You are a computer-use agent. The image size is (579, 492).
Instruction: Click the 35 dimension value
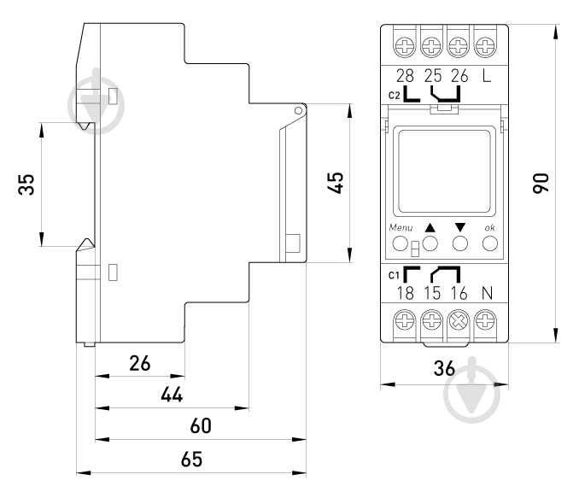click(27, 184)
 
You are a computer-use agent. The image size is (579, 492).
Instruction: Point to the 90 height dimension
click(540, 182)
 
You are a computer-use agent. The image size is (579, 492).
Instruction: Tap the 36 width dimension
click(442, 370)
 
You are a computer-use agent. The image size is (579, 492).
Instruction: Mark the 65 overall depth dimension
click(191, 459)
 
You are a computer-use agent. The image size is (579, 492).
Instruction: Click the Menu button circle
click(400, 244)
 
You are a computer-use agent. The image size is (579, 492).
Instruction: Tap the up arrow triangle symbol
click(430, 228)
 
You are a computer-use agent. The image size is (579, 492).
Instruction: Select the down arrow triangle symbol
click(460, 228)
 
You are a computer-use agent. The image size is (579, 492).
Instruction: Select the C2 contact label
click(394, 95)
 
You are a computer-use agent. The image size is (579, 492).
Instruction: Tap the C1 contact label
click(394, 274)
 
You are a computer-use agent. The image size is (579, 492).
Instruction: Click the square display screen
click(443, 170)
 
